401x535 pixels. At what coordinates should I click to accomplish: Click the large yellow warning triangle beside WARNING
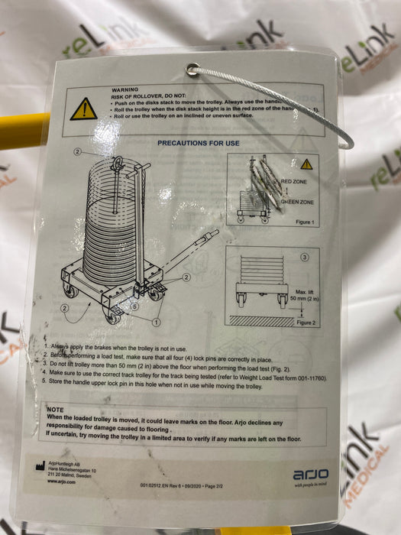(x=84, y=109)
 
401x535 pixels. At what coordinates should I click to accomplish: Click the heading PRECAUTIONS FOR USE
(x=198, y=143)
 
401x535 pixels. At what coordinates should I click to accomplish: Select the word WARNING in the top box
(x=125, y=90)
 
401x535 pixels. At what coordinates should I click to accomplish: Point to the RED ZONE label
(x=296, y=182)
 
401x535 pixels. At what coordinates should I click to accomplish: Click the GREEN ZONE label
(x=299, y=201)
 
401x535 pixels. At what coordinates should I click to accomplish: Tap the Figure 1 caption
(x=305, y=222)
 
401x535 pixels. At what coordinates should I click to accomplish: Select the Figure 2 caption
(x=306, y=323)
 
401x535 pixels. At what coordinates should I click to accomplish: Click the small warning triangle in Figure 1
(x=306, y=164)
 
